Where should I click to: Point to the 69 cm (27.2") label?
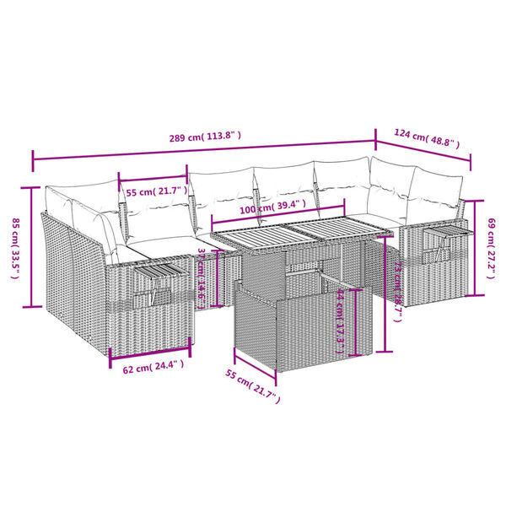(x=493, y=247)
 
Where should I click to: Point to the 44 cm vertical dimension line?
(x=359, y=320)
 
